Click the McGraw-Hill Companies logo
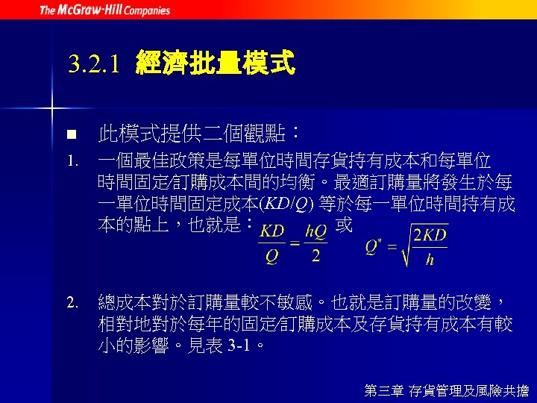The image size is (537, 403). [104, 10]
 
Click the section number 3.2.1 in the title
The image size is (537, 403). [93, 65]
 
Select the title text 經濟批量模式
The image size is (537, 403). [216, 64]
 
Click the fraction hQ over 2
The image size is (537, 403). [315, 244]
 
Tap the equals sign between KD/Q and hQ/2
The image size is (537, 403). [293, 243]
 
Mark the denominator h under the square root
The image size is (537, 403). [430, 260]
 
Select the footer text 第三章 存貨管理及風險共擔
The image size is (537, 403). [446, 390]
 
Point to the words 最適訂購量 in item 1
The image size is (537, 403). [380, 182]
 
